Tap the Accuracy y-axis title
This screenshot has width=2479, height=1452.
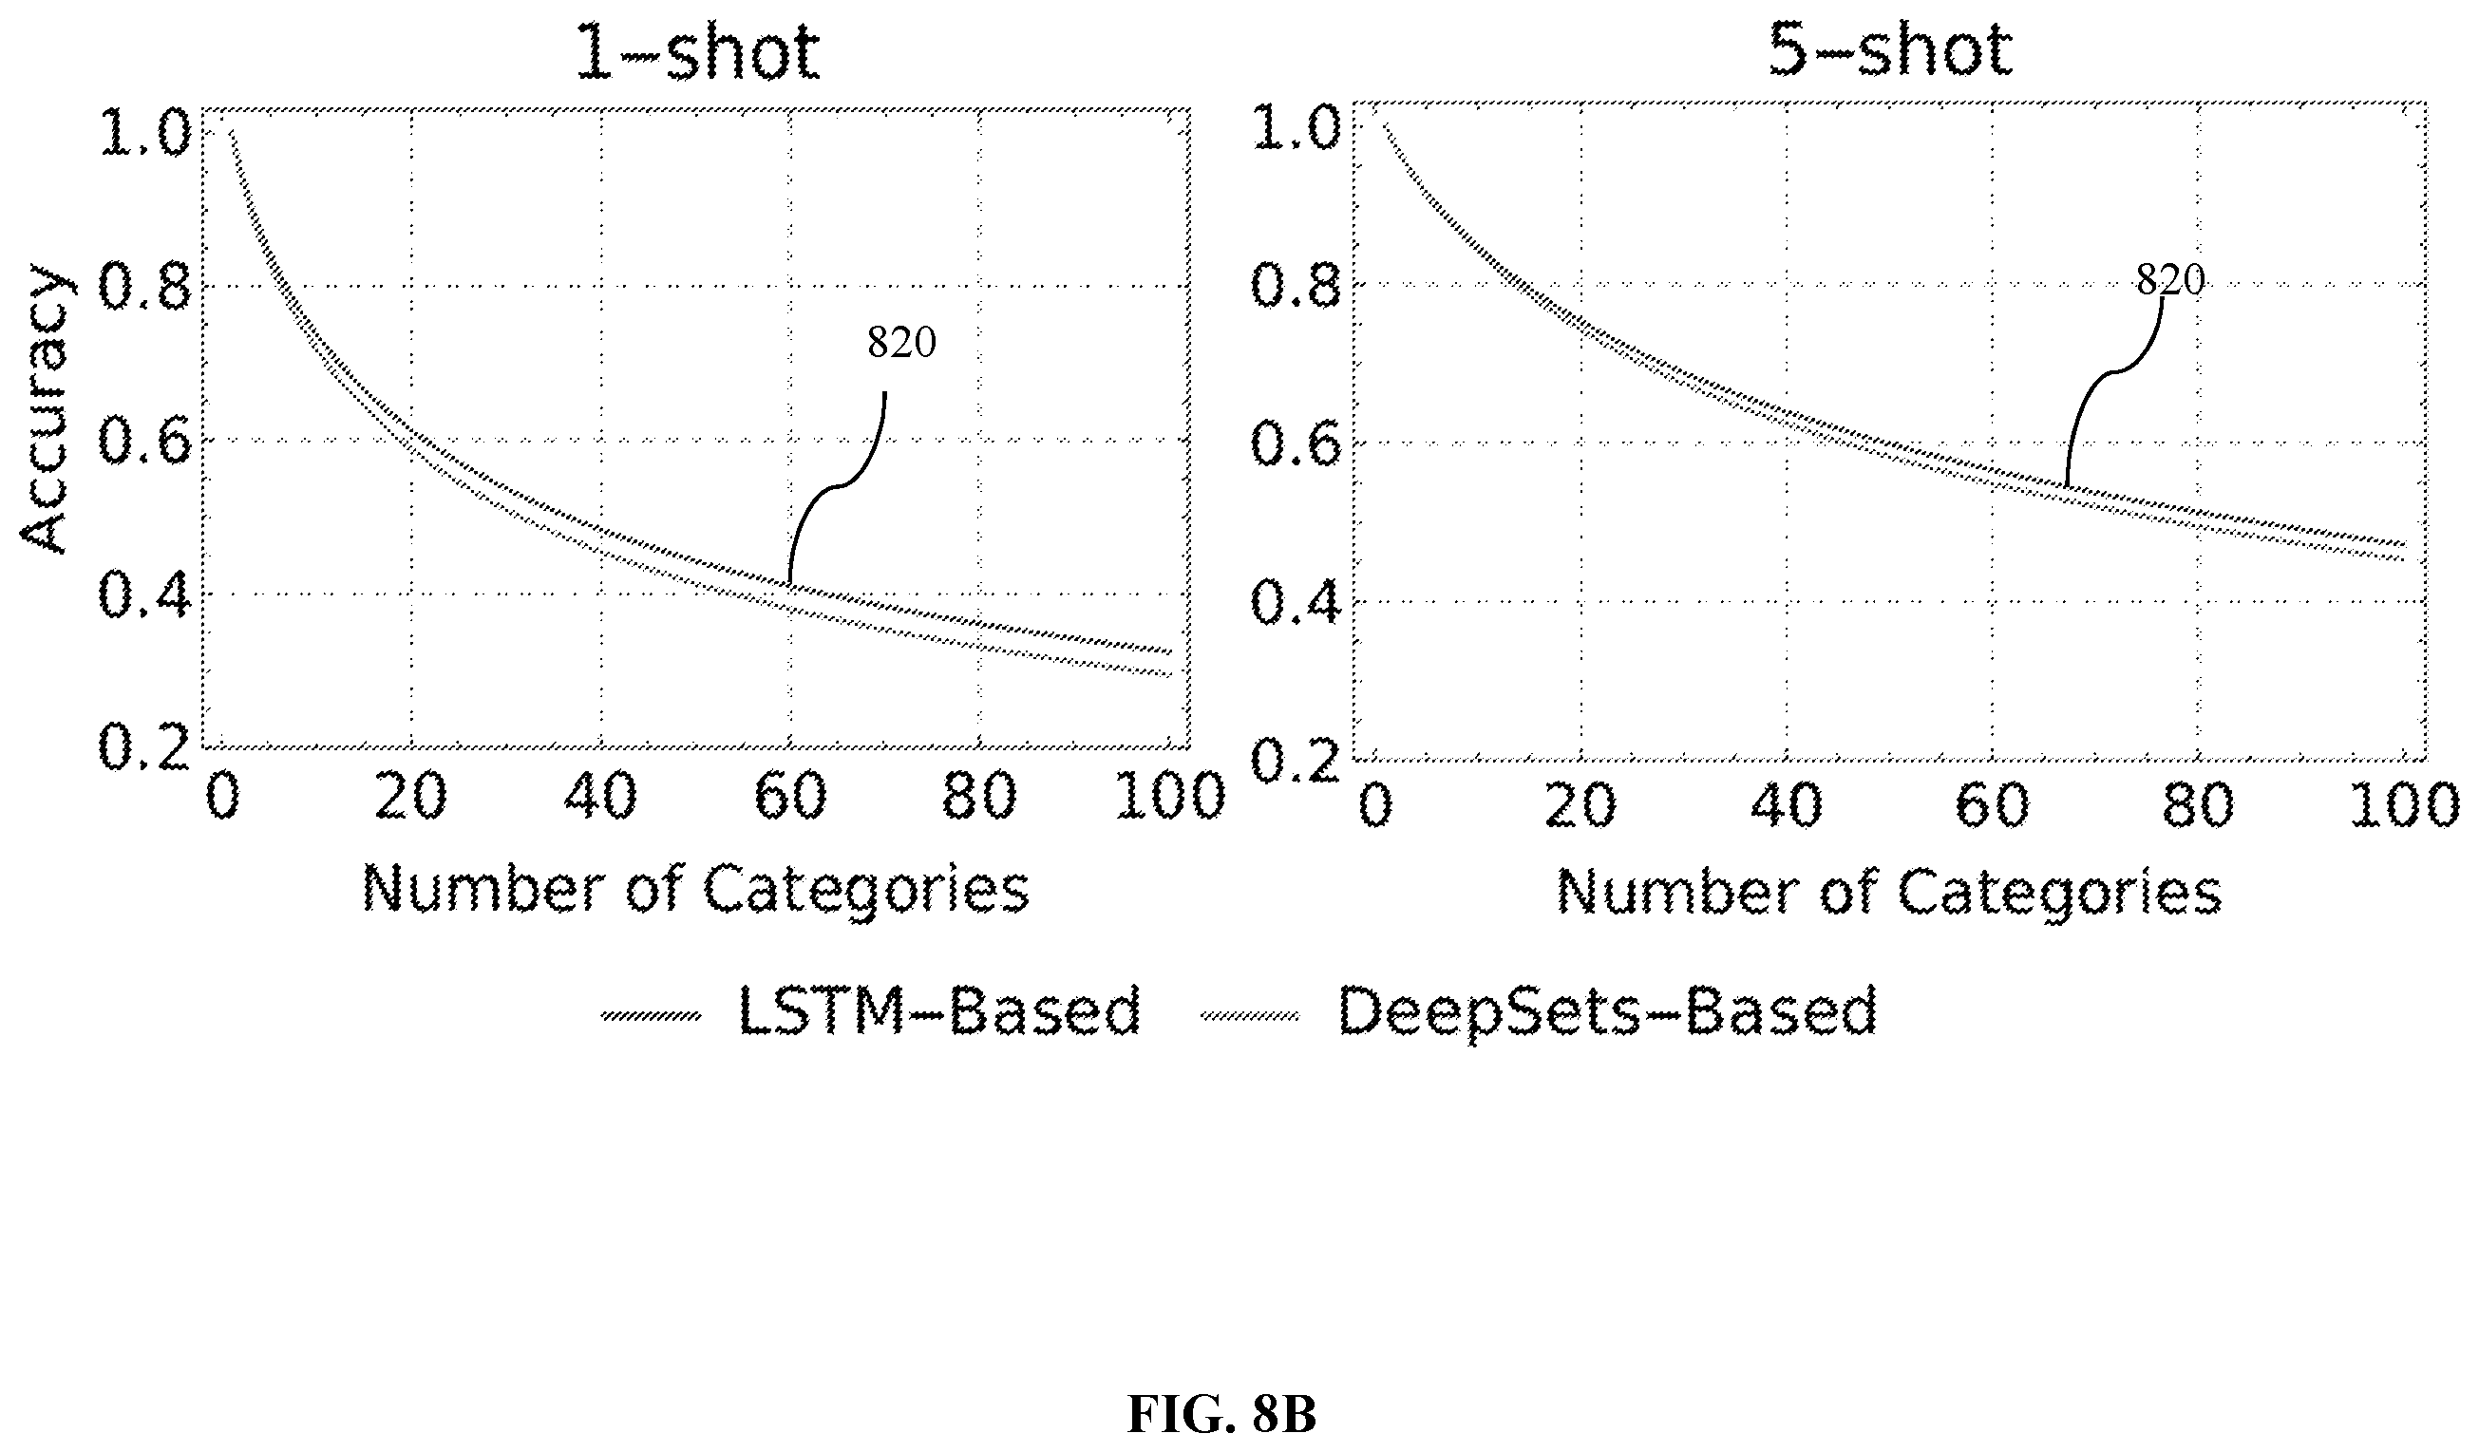pyautogui.click(x=45, y=408)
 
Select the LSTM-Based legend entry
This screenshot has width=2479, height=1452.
pyautogui.click(x=872, y=1011)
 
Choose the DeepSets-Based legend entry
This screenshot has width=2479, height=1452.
pyautogui.click(x=1539, y=1011)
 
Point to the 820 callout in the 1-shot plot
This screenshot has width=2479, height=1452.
pyautogui.click(x=901, y=342)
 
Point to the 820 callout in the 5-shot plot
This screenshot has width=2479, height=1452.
pyautogui.click(x=2170, y=280)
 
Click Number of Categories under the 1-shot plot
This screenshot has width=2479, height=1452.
pyautogui.click(x=696, y=889)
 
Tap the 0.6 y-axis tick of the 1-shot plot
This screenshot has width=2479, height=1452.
pyautogui.click(x=143, y=440)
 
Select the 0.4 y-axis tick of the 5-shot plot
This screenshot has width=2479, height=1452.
pyautogui.click(x=1296, y=601)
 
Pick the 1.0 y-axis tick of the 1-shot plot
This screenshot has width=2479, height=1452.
pyautogui.click(x=143, y=132)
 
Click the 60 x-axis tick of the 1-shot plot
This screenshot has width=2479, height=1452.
pyautogui.click(x=790, y=796)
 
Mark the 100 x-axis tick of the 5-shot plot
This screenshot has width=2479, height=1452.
pyautogui.click(x=2403, y=805)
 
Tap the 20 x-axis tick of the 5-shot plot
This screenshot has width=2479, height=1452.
pyautogui.click(x=1580, y=805)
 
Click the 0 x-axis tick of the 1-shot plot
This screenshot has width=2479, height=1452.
pyautogui.click(x=222, y=796)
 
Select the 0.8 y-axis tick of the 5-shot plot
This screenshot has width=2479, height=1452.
pyautogui.click(x=1296, y=286)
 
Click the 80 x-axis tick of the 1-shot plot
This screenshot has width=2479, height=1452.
pyautogui.click(x=979, y=796)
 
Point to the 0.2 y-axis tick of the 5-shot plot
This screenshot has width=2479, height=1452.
pyautogui.click(x=1296, y=761)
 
